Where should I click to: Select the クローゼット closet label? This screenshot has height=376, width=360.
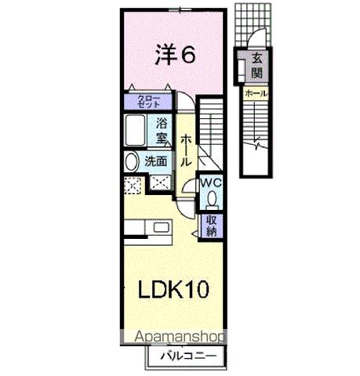145,101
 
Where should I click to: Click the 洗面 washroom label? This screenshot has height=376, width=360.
157,161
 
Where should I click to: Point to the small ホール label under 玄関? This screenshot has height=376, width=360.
256,94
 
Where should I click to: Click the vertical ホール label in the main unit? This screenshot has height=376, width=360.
187,150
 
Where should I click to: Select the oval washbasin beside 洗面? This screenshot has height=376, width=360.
131,162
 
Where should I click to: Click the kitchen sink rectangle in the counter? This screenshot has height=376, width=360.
163,228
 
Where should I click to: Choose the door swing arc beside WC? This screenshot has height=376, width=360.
188,188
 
